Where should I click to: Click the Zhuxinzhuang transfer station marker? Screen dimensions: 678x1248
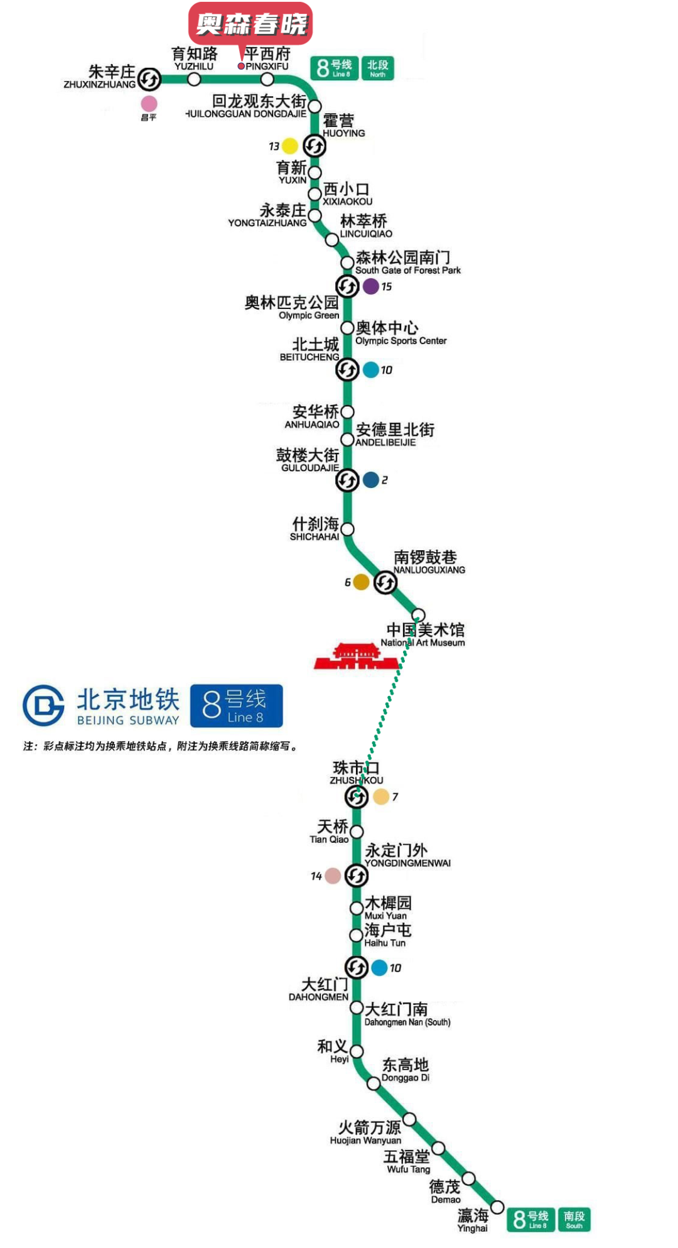click(x=149, y=79)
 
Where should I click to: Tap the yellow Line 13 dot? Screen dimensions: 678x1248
click(x=289, y=146)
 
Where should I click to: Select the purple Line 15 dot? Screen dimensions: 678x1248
click(x=371, y=286)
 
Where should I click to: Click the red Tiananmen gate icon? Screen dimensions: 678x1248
click(x=356, y=656)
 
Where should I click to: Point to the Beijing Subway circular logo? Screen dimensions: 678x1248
click(x=43, y=705)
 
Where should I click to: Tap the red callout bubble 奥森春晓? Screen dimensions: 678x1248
click(x=250, y=24)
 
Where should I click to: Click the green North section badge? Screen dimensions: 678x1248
click(x=377, y=68)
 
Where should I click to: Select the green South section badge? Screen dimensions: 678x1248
click(x=574, y=1219)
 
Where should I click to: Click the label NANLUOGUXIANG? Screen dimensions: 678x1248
click(x=429, y=570)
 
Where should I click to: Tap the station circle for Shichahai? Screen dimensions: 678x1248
click(x=347, y=529)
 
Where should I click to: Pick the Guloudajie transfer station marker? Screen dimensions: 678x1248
click(x=347, y=480)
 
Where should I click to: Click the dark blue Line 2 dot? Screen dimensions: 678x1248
click(x=371, y=480)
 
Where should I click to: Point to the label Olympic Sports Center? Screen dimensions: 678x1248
click(x=401, y=341)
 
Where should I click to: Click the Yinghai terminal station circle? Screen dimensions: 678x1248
click(x=497, y=1207)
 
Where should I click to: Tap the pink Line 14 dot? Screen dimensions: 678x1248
click(x=333, y=876)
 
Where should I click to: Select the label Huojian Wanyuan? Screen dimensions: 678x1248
click(x=365, y=1141)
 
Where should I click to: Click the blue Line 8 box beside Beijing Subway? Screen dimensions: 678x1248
click(x=237, y=705)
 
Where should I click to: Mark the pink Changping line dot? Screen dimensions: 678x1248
click(x=149, y=104)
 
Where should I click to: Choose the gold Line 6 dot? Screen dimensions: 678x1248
click(x=361, y=582)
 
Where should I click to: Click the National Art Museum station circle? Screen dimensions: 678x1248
click(x=418, y=614)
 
